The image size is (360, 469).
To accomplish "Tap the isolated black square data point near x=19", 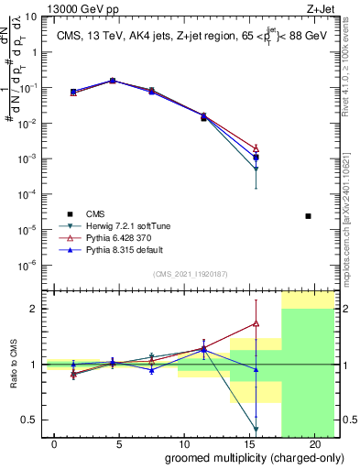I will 308,216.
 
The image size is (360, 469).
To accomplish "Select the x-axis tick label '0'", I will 55,444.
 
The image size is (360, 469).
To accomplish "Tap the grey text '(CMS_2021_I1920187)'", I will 190,273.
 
